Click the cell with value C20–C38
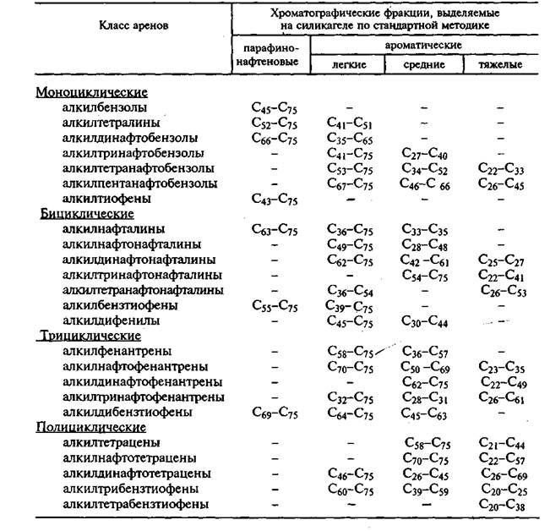pos(498,505)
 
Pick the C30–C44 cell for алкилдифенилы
pos(426,321)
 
